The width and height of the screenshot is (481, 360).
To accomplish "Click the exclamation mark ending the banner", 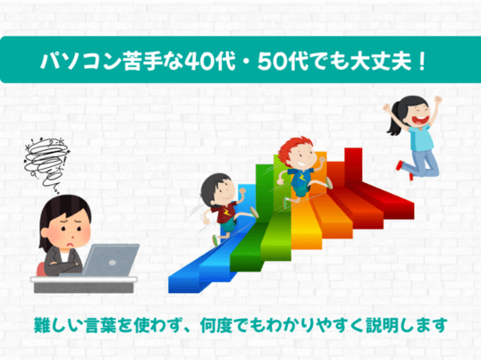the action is point(422,62).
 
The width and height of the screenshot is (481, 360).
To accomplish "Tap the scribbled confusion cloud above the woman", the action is point(46,163).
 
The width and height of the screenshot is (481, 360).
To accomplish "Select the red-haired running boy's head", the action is point(297,155).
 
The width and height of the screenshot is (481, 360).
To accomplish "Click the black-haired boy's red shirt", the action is point(226,213).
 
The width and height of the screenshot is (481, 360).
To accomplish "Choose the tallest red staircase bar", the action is point(353,165).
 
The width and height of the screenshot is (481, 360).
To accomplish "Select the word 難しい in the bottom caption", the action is point(59,325).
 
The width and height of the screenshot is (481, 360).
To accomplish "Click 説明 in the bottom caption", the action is point(383,325).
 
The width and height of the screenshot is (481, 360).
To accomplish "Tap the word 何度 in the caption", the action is point(216,325).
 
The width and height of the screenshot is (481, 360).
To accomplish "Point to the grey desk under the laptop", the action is point(84,285).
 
